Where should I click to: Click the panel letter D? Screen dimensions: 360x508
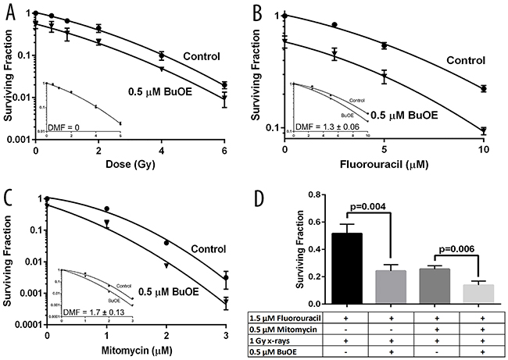(267, 191)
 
